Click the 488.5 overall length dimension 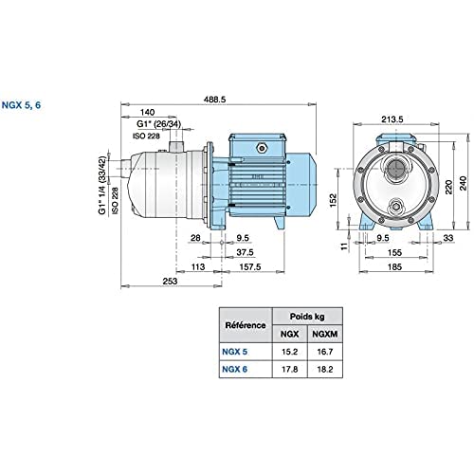point(214,100)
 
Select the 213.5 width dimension point(392,119)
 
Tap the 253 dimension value point(170,281)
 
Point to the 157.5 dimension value point(250,266)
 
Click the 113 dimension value point(198,266)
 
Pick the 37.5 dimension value point(245,252)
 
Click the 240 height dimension point(463,183)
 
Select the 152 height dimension point(334,200)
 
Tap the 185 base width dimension point(394,266)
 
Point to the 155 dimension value point(394,252)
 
